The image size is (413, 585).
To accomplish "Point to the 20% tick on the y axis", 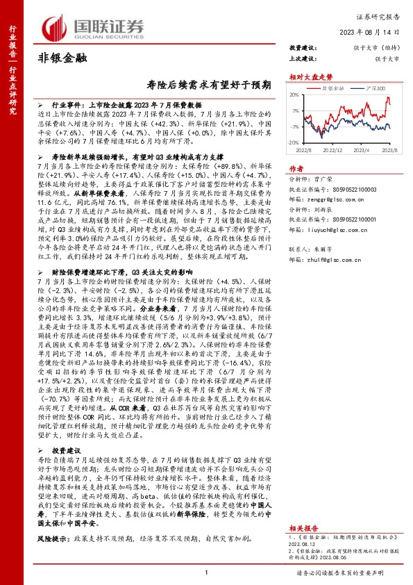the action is click(294, 95).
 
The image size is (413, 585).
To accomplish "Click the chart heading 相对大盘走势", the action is click(307, 77).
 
